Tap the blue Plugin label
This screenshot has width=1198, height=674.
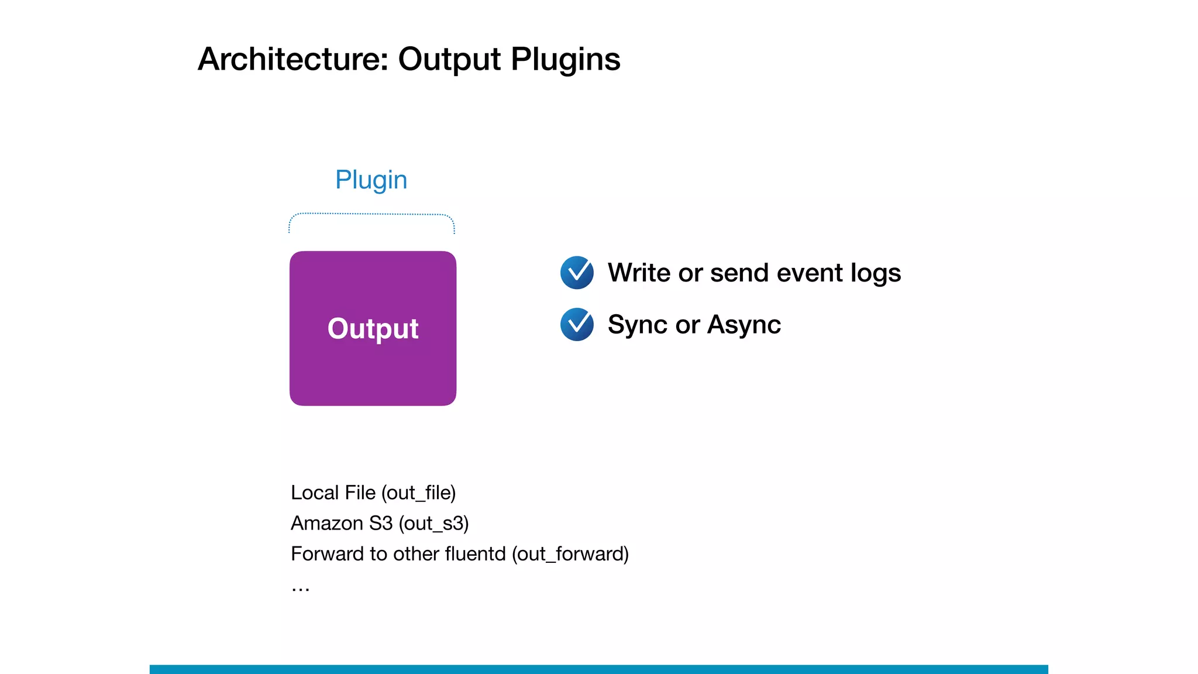[x=371, y=180]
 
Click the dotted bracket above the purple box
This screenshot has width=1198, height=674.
[x=371, y=215]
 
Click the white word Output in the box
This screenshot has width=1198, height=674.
[x=373, y=328]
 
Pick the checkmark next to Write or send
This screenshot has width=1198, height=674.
[x=577, y=273]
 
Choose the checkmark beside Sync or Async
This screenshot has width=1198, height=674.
[x=577, y=324]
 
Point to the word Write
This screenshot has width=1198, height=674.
[x=639, y=273]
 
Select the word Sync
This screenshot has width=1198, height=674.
[x=638, y=325]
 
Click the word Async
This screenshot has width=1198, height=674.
[x=743, y=325]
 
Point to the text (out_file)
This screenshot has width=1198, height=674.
[x=418, y=493]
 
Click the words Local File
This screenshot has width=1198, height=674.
[x=333, y=493]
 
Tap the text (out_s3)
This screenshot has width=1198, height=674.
[x=433, y=523]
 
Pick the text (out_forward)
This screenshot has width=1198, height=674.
[x=570, y=553]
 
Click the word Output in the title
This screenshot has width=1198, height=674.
[x=449, y=59]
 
